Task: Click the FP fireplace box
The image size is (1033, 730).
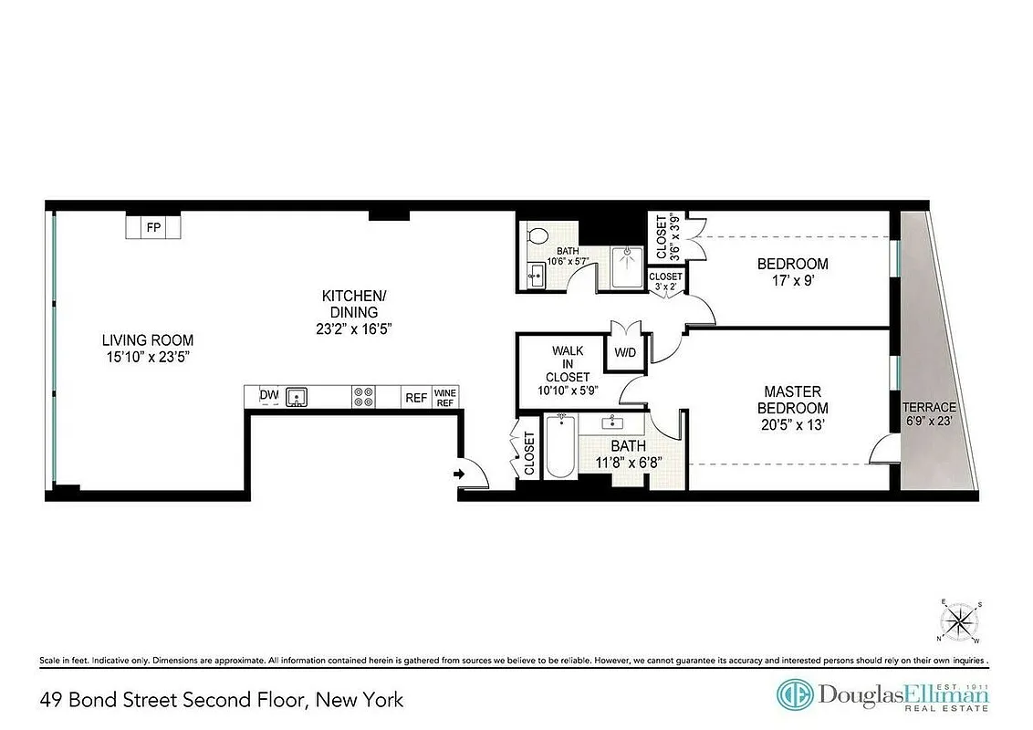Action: coord(153,226)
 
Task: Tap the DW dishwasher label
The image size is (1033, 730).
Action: coord(268,395)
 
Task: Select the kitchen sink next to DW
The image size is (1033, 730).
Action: coord(296,396)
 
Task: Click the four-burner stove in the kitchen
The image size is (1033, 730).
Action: coord(363,396)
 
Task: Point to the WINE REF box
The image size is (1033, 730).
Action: coord(445,397)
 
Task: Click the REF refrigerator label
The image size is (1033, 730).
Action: coord(416,397)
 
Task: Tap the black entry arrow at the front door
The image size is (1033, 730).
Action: coord(460,474)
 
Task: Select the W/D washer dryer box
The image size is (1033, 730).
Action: coord(625,351)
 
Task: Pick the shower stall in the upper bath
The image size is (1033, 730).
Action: coord(627,266)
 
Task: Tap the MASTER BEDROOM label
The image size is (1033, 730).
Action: coord(796,400)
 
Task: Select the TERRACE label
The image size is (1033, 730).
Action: coord(929,407)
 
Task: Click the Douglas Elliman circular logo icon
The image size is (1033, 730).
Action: coord(794,695)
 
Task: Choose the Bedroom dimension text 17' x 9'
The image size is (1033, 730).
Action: coord(792,281)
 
